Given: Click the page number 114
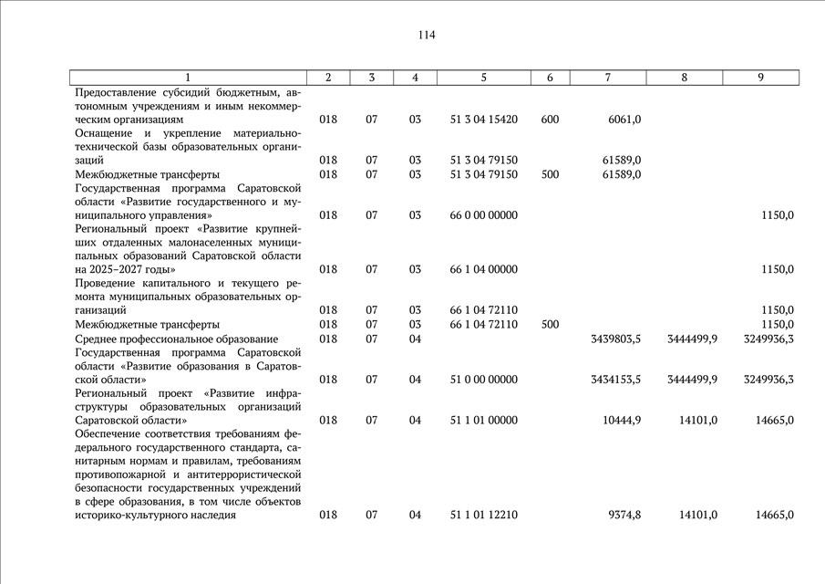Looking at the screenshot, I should point(427,36).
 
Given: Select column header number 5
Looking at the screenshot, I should point(483,78).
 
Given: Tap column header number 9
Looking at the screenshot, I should point(760,78).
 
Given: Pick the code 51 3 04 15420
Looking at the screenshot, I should point(483,120).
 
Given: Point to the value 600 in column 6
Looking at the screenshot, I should point(550,120).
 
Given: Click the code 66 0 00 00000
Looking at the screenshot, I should point(483,215).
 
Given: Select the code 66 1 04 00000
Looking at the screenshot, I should point(483,269).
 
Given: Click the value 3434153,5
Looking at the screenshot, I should point(615,380).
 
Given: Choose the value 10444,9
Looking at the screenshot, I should point(622,421).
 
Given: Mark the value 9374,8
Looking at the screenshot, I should point(624,516).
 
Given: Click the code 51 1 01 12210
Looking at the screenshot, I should point(483,516).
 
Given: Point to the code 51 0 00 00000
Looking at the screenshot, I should point(483,380).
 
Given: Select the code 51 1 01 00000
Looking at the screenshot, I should point(483,421).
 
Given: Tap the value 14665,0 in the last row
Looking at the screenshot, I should point(774,516).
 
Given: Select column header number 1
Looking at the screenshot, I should point(189,78).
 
